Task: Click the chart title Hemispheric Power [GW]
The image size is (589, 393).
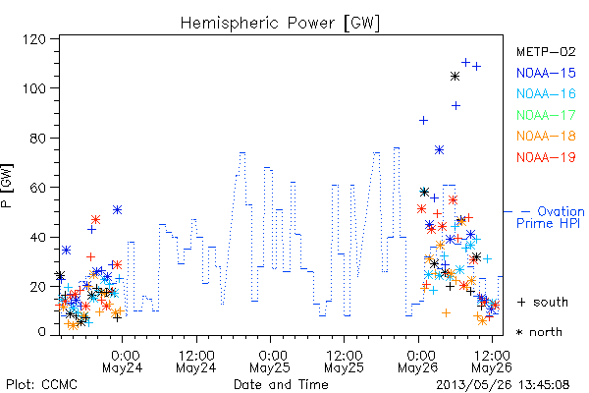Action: [x=280, y=23]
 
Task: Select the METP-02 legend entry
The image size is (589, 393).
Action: [x=546, y=51]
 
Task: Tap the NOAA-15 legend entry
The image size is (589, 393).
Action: [x=546, y=73]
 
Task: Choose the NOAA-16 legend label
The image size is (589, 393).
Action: [x=546, y=93]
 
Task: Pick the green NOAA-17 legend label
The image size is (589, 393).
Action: [x=546, y=115]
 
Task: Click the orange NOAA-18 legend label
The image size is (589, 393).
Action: [x=546, y=136]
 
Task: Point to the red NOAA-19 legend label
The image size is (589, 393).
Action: [x=546, y=157]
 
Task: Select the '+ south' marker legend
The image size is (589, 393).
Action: [x=543, y=302]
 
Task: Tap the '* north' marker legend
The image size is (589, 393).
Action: [x=539, y=332]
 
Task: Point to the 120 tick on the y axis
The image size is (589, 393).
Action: [x=34, y=39]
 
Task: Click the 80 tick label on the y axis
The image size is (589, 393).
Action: [x=38, y=138]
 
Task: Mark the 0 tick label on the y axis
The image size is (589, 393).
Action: [x=42, y=332]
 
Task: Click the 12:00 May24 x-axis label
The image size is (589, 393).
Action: [x=196, y=362]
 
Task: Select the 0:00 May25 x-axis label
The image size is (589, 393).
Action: [x=270, y=362]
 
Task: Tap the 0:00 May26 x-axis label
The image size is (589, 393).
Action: [x=418, y=362]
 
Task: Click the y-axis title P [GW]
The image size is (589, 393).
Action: [x=7, y=186]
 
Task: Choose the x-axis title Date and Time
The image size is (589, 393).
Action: [x=281, y=385]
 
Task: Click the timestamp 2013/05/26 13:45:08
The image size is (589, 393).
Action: [x=503, y=385]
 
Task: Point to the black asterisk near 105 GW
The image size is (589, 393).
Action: [x=455, y=77]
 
